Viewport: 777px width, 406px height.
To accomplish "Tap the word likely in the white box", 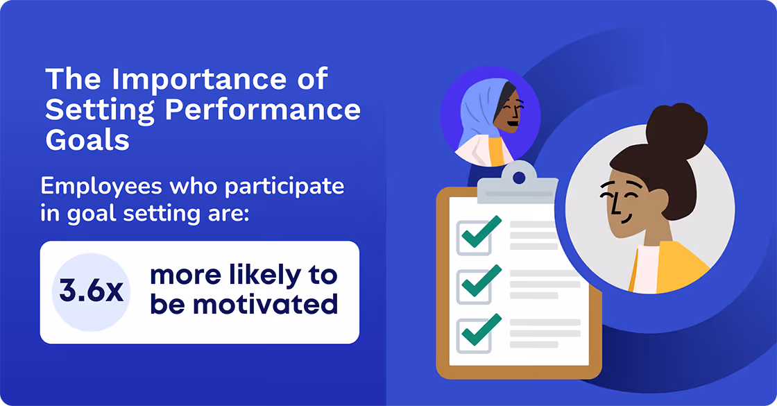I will (x=256, y=275).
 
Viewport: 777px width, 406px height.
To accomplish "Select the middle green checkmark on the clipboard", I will (x=481, y=281).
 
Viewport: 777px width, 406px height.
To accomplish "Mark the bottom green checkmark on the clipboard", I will (x=481, y=330).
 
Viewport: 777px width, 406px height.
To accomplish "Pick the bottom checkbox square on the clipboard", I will (x=474, y=337).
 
